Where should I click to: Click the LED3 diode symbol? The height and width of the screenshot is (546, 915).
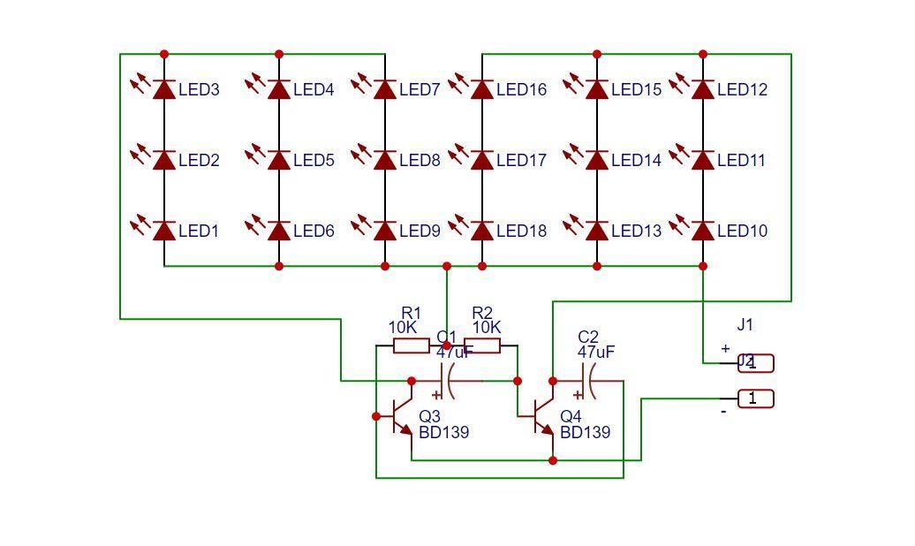pos(164,89)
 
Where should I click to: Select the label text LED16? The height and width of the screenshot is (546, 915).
pos(521,89)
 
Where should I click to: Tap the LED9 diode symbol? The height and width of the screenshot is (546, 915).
pos(385,231)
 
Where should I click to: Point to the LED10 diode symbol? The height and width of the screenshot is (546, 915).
pos(703,231)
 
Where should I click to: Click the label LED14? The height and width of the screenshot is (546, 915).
pos(636,160)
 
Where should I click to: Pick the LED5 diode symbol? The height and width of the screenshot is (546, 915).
pos(279,160)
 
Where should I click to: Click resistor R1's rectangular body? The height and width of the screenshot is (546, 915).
pos(412,345)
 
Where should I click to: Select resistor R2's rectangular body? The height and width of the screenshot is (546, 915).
pos(482,345)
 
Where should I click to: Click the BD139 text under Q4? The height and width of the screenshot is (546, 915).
pos(585,433)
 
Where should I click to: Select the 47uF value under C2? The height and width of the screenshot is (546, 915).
pos(596,352)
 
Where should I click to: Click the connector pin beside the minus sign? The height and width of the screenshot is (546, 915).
pos(756,398)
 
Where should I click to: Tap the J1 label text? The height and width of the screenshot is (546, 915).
pos(745,325)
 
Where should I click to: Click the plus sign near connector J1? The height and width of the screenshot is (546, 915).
pos(726,349)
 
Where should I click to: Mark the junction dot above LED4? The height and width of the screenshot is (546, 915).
pos(279,54)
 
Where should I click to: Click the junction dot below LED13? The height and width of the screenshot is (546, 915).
pos(597,266)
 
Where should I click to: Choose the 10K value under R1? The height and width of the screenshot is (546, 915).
pos(403,328)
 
